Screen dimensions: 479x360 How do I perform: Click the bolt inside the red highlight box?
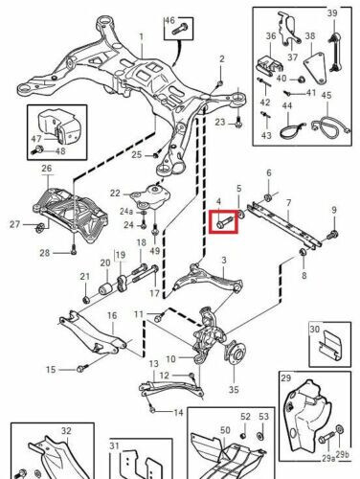click(222, 222)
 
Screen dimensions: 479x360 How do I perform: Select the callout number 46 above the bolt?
click(171, 20)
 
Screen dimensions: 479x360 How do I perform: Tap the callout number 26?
click(45, 169)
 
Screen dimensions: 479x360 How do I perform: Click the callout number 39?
click(332, 12)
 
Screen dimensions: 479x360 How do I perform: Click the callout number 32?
click(39, 432)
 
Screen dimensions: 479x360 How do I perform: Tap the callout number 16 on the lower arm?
click(110, 315)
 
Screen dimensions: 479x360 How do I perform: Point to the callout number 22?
click(115, 193)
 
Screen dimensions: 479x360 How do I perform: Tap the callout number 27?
click(13, 225)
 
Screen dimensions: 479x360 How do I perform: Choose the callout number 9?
click(335, 210)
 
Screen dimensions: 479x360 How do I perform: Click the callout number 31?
click(114, 445)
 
